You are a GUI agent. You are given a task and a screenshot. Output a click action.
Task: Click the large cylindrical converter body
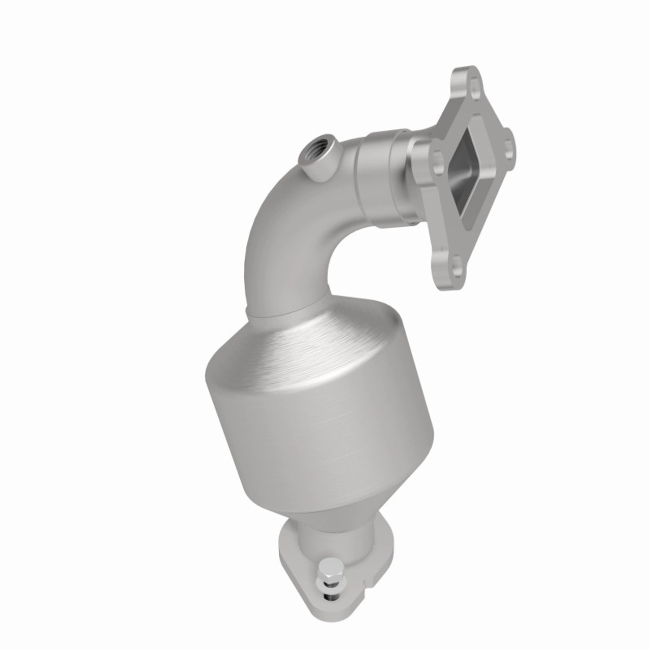320,432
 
